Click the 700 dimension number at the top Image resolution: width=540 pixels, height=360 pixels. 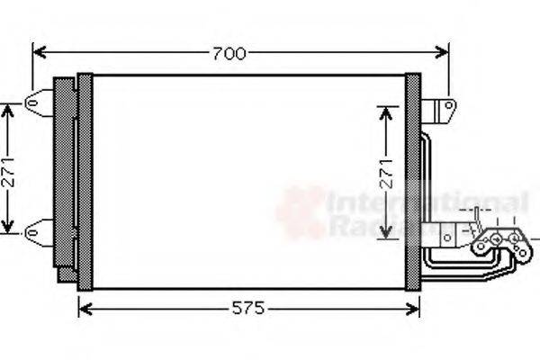click(x=229, y=53)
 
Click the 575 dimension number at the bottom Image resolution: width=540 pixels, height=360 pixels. click(x=247, y=309)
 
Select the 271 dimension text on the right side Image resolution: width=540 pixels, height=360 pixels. click(x=386, y=172)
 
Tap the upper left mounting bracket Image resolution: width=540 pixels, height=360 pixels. click(x=39, y=103)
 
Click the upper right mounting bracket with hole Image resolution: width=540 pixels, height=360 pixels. click(x=442, y=112)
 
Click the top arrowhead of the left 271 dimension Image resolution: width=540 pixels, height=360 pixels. click(x=9, y=108)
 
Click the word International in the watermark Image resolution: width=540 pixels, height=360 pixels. click(x=427, y=202)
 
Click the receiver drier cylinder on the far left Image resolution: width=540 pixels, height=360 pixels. click(x=65, y=175)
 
